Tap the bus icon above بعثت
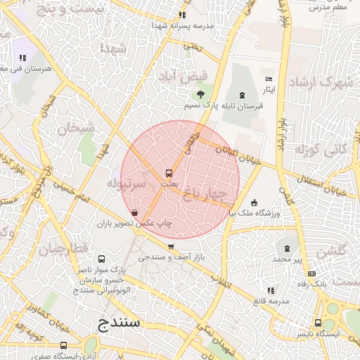pyautogui.click(x=169, y=172)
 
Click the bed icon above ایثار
pyautogui.click(x=269, y=79)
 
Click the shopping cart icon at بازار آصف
pyautogui.click(x=172, y=246)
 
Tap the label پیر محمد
pyautogui.click(x=287, y=259)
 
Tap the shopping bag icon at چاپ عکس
pyautogui.click(x=134, y=212)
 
